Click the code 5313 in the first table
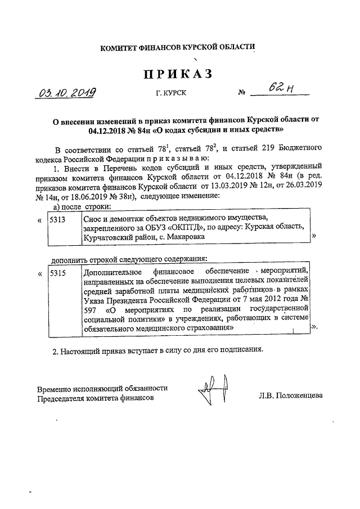(x=58, y=220)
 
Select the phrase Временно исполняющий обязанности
(x=102, y=389)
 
